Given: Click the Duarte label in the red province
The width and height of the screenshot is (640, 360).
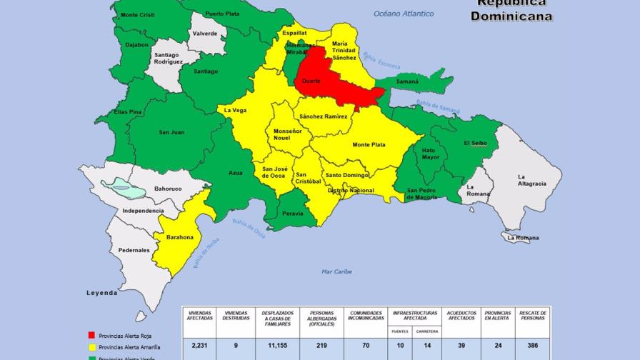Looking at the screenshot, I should coord(311,81).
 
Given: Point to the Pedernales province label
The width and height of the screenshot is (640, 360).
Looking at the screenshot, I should coord(134,250).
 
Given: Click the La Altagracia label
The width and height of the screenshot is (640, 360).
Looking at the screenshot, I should coord(531,180).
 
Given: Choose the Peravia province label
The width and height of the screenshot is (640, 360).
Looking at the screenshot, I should coord(292,214).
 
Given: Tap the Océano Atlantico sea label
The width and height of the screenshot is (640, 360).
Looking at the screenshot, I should coord(404,14).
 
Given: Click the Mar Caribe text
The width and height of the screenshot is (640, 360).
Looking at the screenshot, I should coord(336,271).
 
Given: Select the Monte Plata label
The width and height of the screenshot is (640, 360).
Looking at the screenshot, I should coord(369,145).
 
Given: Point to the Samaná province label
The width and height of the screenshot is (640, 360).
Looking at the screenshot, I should coord(408,81).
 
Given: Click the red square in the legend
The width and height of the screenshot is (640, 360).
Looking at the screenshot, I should coord(91,335).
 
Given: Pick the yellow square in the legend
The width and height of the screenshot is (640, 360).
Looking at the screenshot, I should coord(91,346).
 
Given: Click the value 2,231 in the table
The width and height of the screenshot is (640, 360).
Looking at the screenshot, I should coord(199,346).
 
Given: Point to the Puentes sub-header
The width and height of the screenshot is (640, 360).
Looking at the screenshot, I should coord(400,331).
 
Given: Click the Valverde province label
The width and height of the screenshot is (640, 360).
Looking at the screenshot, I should coord(205,34).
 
